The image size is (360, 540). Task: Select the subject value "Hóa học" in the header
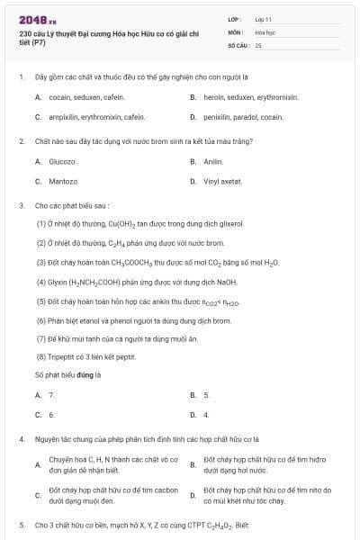265,31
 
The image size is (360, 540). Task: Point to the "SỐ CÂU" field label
237,44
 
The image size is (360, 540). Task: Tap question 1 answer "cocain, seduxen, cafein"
73,96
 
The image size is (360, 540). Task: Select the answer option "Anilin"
213,161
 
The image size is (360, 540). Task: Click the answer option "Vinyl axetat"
222,181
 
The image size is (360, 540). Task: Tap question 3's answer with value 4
206,415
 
